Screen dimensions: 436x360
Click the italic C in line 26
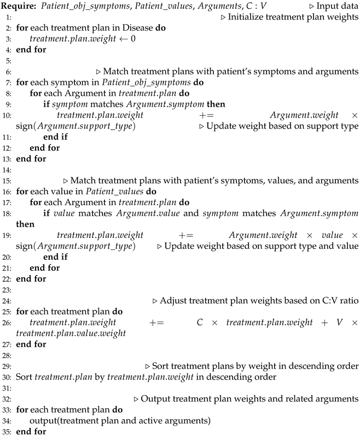coord(200,322)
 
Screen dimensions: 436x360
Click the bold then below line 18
coord(25,224)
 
